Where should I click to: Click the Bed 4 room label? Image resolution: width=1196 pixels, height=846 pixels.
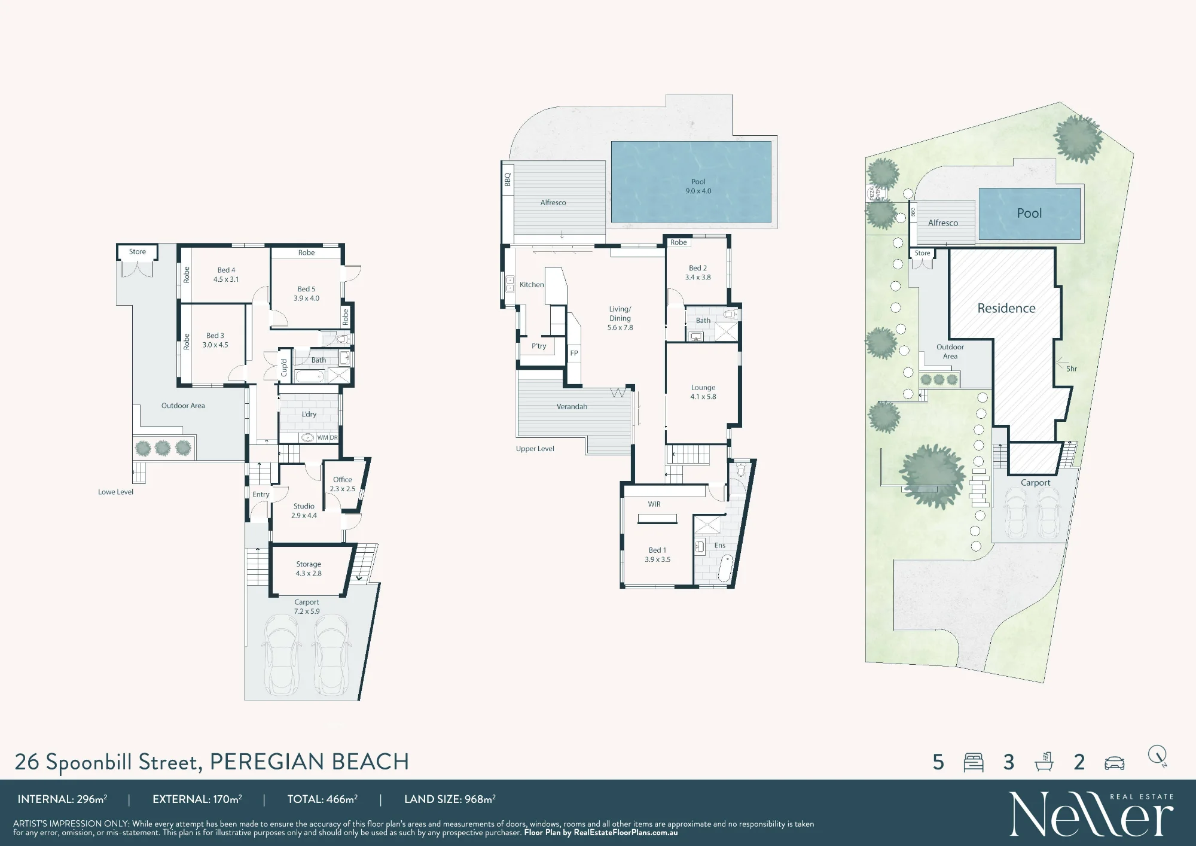coord(226,275)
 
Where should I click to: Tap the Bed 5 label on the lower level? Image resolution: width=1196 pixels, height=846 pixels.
coord(306,293)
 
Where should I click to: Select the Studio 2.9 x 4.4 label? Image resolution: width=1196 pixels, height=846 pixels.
coord(304,510)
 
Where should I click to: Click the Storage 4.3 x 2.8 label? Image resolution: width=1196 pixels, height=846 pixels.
coord(309,568)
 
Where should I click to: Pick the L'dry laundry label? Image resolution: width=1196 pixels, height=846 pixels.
coord(309,414)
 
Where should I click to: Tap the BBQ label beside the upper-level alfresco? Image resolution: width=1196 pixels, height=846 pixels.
coord(508,179)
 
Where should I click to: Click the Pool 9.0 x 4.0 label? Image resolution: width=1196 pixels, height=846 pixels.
coord(698,186)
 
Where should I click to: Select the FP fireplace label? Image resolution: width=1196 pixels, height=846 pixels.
coord(574,353)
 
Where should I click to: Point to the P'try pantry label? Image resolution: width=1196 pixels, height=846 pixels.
coord(539,346)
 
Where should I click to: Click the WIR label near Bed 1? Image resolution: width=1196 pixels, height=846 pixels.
coord(654,504)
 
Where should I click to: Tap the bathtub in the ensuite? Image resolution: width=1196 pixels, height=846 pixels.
coord(725,569)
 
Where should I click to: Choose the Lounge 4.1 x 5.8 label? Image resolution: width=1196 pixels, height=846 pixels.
coord(703,392)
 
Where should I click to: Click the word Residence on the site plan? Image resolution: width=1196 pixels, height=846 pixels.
coord(1006,308)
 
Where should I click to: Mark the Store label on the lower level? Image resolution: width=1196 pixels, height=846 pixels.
coord(138,252)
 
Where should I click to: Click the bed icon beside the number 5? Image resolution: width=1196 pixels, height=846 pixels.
coord(974,762)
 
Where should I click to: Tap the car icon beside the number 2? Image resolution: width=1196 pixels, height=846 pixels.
coord(1115,763)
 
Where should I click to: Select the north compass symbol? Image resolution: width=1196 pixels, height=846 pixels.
coord(1158,756)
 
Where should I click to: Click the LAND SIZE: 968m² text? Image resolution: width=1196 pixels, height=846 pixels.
coord(450,799)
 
